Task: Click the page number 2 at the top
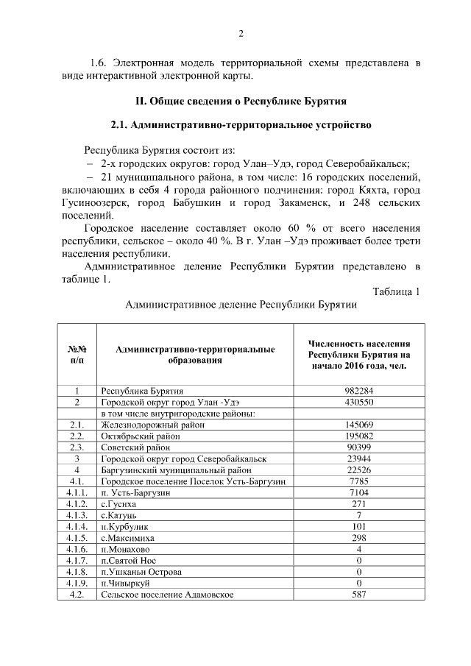coord(241,33)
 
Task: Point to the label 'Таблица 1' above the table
coord(396,291)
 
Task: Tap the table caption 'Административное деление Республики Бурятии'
coord(241,304)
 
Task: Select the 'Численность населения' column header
coord(359,354)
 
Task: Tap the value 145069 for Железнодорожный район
coord(359,425)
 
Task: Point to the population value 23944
coord(359,459)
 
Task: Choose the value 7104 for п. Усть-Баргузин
coord(359,493)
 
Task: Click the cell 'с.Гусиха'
coord(118,504)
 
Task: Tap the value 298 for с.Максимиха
coord(359,538)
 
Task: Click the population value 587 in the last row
coord(359,595)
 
